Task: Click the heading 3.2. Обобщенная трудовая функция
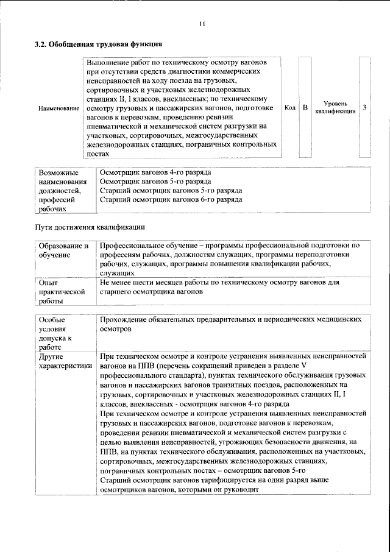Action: (97, 44)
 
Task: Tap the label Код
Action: (290, 108)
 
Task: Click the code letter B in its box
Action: (305, 108)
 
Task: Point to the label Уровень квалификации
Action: (335, 108)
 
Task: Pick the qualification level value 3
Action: (364, 108)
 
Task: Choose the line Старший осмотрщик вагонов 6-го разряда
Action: (170, 199)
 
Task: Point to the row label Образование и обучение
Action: (63, 250)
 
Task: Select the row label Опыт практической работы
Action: (61, 292)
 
